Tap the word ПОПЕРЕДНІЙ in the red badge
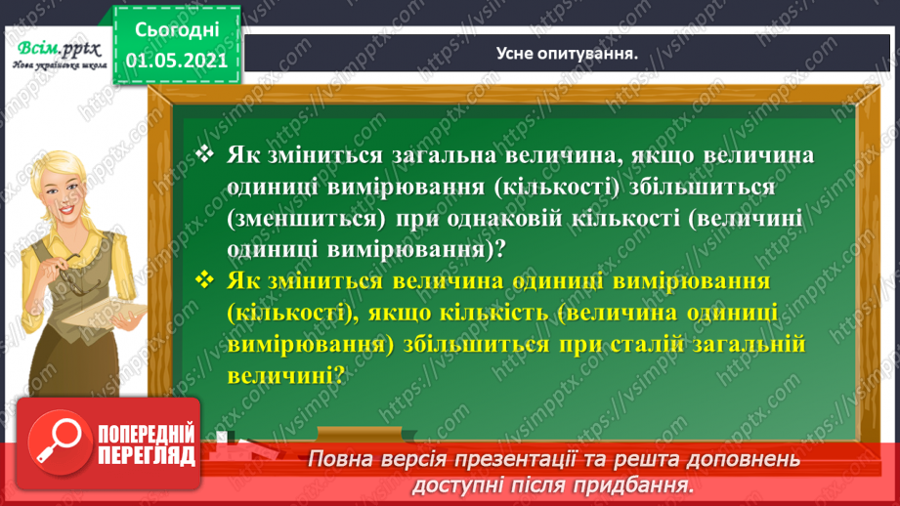point(147,434)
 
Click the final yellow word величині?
point(284,375)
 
